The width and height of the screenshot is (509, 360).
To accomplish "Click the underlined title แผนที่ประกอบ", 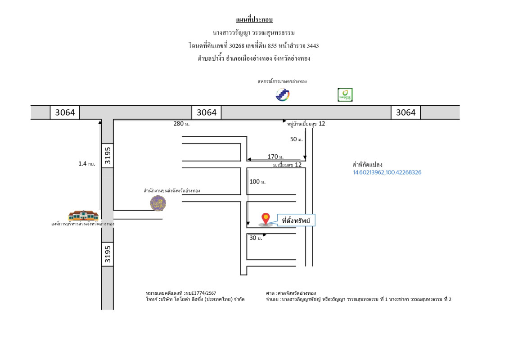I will click(254, 19).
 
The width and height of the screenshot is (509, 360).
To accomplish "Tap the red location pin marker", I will click(266, 219).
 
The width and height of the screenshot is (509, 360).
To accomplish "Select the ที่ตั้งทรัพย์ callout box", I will click(296, 220).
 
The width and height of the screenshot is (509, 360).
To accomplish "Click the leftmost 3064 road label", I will click(65, 112).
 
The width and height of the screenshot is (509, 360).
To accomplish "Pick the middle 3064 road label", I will click(207, 112).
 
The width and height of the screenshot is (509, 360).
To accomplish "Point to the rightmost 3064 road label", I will click(405, 112).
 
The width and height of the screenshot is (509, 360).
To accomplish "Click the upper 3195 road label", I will click(107, 156).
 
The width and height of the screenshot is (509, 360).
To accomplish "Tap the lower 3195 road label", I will click(107, 254).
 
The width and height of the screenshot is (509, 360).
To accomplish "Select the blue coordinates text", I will click(387, 172).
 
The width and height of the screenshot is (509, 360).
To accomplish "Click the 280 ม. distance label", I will click(181, 124).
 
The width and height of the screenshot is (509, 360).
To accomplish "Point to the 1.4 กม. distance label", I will click(86, 164).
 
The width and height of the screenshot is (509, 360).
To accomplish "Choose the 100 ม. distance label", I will click(258, 181).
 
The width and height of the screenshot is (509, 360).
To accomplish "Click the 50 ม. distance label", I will click(297, 139).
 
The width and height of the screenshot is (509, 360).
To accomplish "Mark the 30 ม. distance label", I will click(256, 238).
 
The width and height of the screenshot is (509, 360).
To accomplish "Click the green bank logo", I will click(345, 95).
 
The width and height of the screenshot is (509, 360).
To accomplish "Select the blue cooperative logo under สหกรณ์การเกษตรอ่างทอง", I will click(283, 95).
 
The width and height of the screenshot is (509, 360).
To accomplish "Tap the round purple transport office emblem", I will click(158, 202).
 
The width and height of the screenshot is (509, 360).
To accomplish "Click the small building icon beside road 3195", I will click(83, 215).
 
